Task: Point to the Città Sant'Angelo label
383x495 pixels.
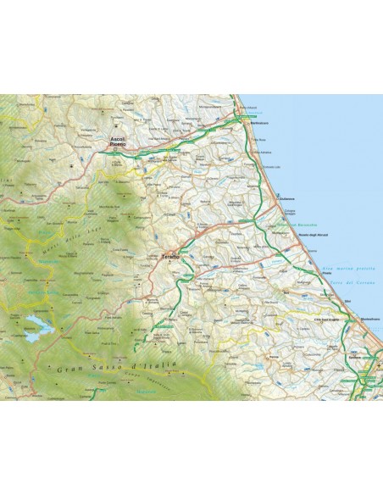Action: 327,316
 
